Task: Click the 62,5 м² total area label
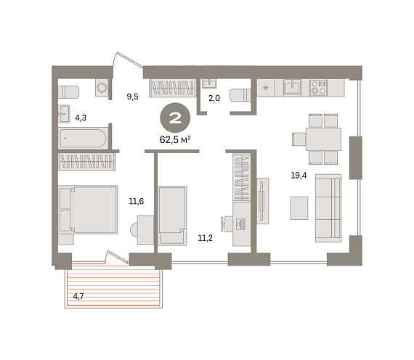(175, 139)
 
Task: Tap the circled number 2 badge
(175, 118)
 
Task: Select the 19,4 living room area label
(299, 175)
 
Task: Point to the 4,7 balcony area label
(78, 296)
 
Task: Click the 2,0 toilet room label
(214, 98)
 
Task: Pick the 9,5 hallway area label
(132, 97)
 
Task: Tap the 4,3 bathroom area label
(81, 118)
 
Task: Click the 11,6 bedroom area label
(137, 201)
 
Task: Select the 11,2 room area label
(206, 238)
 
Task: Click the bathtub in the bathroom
(84, 138)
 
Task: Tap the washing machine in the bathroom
(102, 88)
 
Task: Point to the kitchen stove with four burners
(318, 88)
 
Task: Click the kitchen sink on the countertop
(292, 87)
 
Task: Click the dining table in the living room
(323, 139)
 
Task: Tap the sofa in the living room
(328, 208)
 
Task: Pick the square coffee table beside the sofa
(299, 208)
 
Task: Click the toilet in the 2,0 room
(240, 95)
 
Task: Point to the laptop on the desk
(241, 224)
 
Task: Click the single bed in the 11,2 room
(172, 216)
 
